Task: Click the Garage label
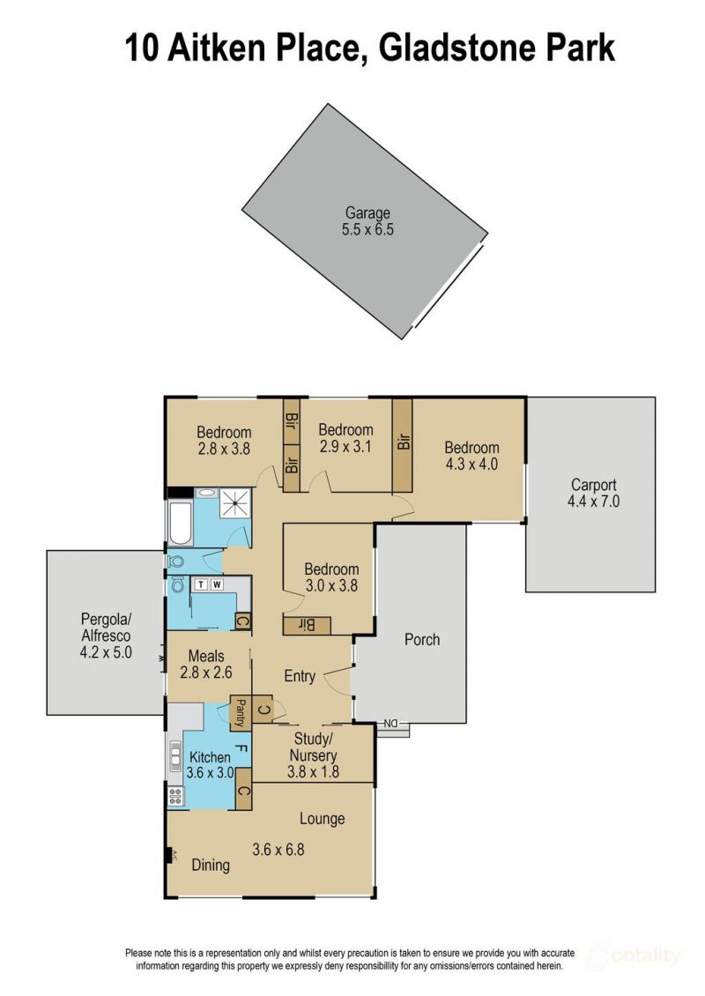pyautogui.click(x=367, y=212)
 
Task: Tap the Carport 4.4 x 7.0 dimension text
pyautogui.click(x=593, y=502)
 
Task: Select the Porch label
pyautogui.click(x=422, y=639)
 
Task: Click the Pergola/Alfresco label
pyautogui.click(x=106, y=627)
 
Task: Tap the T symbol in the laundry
pyautogui.click(x=201, y=584)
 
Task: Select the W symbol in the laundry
pyautogui.click(x=217, y=584)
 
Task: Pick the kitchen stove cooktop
pyautogui.click(x=174, y=795)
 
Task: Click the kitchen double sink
pyautogui.click(x=174, y=756)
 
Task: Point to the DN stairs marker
pyautogui.click(x=390, y=724)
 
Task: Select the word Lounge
pyautogui.click(x=322, y=819)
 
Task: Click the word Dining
pyautogui.click(x=211, y=866)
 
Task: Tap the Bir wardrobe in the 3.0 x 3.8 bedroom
pyautogui.click(x=307, y=626)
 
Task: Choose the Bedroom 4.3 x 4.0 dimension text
pyautogui.click(x=471, y=464)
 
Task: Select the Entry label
pyautogui.click(x=299, y=677)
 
